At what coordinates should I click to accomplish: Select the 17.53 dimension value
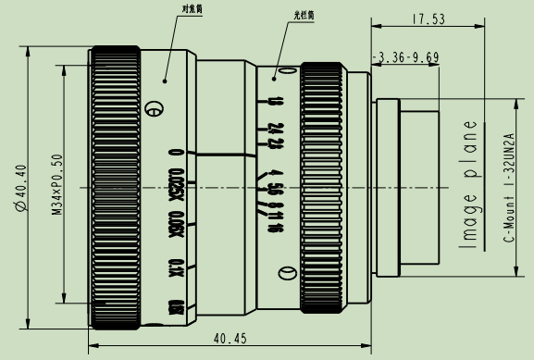[x=427, y=18]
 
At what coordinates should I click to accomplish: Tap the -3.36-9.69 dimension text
[x=405, y=56]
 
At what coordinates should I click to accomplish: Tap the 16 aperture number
[x=276, y=203]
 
